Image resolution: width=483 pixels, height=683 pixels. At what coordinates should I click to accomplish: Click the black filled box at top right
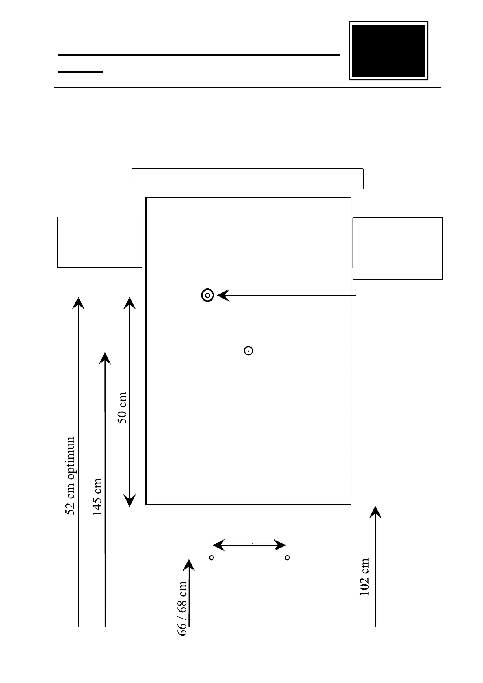pyautogui.click(x=388, y=51)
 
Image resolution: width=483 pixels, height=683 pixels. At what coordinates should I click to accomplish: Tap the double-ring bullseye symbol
pyautogui.click(x=207, y=295)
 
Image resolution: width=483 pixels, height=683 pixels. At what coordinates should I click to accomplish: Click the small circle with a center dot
pyautogui.click(x=248, y=350)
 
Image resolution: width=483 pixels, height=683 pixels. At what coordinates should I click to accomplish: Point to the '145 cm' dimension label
pyautogui.click(x=97, y=496)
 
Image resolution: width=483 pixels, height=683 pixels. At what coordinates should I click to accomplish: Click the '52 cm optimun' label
pyautogui.click(x=71, y=475)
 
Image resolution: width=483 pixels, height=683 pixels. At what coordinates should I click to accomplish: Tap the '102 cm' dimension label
pyautogui.click(x=364, y=576)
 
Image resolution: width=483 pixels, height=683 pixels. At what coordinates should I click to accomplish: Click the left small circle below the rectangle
pyautogui.click(x=211, y=558)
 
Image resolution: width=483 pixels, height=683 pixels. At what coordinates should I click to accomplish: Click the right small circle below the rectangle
pyautogui.click(x=287, y=558)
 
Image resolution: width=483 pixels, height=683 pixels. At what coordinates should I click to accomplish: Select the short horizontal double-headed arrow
pyautogui.click(x=249, y=545)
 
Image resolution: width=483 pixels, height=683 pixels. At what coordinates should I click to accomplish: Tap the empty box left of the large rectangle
pyautogui.click(x=99, y=242)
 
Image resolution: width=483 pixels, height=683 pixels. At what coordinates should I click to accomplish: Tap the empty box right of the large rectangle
pyautogui.click(x=397, y=248)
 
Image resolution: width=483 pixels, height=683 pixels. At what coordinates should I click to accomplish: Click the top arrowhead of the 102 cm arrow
pyautogui.click(x=375, y=512)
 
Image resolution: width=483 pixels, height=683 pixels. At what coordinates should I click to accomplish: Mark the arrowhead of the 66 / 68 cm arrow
pyautogui.click(x=189, y=565)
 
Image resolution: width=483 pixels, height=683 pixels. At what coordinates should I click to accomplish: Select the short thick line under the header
pyautogui.click(x=80, y=71)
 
